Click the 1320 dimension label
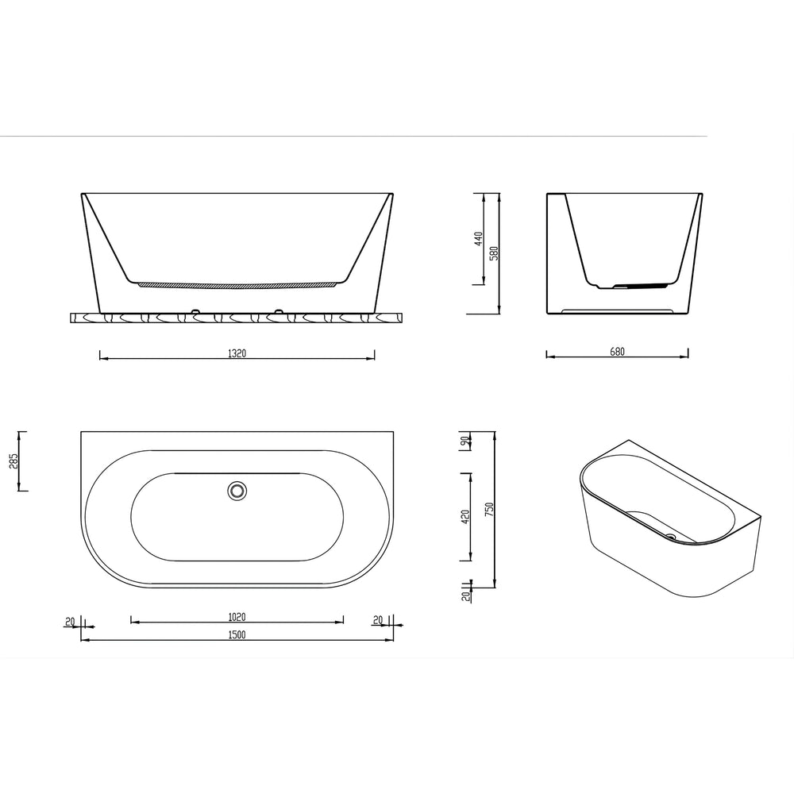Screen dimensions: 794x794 click(x=237, y=353)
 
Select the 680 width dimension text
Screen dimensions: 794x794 click(x=617, y=352)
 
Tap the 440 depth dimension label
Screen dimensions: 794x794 click(x=479, y=239)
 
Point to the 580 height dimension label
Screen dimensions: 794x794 click(x=494, y=253)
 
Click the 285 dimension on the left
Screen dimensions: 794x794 click(x=13, y=461)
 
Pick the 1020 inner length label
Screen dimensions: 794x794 click(x=237, y=617)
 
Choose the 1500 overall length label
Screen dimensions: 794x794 click(x=237, y=634)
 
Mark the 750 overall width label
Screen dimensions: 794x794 click(x=488, y=510)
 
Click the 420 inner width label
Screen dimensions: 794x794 click(x=466, y=517)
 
